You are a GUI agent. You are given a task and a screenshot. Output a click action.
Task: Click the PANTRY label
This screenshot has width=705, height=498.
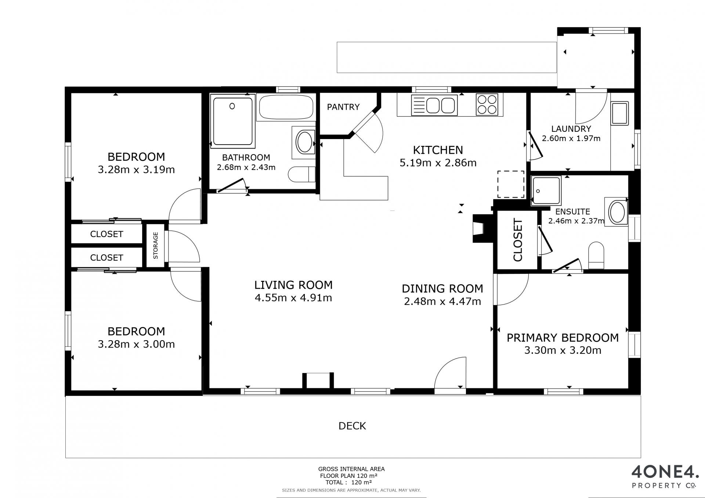pyautogui.click(x=343, y=107)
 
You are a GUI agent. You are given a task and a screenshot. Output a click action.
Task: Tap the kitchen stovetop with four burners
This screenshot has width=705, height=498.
pyautogui.click(x=487, y=105)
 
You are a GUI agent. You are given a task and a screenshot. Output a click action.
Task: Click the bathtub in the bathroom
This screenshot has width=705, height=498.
pyautogui.click(x=286, y=107)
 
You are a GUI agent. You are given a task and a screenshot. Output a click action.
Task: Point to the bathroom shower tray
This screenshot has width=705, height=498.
pyautogui.click(x=233, y=121)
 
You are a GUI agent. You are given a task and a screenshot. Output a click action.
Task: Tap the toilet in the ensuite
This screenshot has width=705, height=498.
pyautogui.click(x=596, y=255)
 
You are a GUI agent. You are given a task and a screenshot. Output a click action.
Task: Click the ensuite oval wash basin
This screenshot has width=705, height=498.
pyautogui.click(x=617, y=212)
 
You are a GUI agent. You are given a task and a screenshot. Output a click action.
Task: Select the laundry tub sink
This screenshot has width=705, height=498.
pyautogui.click(x=619, y=113)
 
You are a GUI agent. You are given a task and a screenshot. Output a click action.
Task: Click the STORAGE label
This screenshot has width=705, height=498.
pyautogui.click(x=155, y=246)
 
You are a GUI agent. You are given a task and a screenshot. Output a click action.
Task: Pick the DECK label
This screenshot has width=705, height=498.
pyautogui.click(x=352, y=426)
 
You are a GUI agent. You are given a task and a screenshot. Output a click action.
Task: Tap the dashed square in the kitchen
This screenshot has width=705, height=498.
pyautogui.click(x=511, y=184)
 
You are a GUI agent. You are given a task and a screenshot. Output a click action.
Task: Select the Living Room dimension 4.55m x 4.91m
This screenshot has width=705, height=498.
pyautogui.click(x=293, y=298)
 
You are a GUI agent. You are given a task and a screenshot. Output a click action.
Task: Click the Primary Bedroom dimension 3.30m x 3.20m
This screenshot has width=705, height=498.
pyautogui.click(x=563, y=350)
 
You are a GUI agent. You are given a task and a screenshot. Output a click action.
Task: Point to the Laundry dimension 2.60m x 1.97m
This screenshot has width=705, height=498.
pyautogui.click(x=571, y=138)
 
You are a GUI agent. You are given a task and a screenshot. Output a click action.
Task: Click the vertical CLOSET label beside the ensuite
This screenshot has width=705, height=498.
pyautogui.click(x=518, y=240)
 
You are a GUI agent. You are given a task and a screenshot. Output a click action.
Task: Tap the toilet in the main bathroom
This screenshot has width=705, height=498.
pyautogui.click(x=301, y=174)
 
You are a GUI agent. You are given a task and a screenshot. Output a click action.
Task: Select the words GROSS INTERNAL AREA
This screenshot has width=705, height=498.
pyautogui.click(x=351, y=469)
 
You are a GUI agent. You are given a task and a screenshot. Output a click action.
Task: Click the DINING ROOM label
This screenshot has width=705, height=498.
pyautogui.click(x=442, y=288)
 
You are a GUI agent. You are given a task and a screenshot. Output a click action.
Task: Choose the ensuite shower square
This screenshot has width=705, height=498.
pyautogui.click(x=546, y=190)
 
